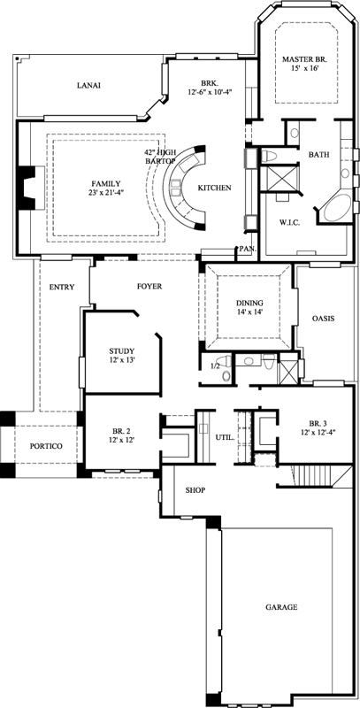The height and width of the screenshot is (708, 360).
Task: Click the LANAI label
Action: (88, 86)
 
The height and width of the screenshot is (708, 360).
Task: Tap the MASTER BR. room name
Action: (303, 59)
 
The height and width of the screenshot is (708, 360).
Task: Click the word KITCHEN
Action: (214, 189)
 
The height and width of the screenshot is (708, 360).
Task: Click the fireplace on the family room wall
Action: (29, 187)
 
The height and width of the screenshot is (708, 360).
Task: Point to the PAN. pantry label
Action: (247, 250)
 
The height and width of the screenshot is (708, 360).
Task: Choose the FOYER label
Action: (148, 286)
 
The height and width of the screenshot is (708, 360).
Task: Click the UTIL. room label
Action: (225, 437)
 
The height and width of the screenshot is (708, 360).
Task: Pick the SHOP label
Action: (195, 489)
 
